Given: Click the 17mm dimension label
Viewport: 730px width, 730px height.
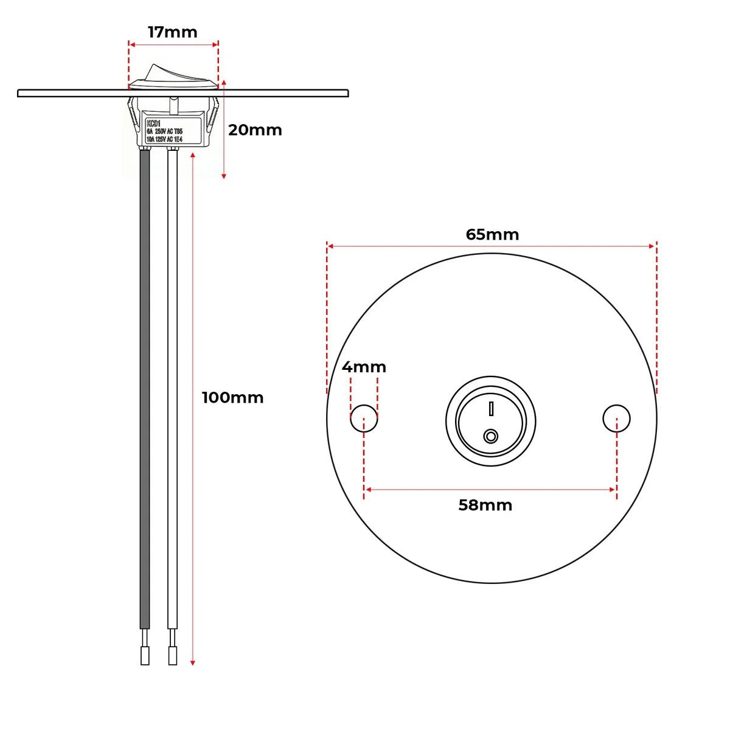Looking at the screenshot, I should click(x=173, y=32).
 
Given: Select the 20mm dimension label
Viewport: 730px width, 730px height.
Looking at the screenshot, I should click(x=255, y=130).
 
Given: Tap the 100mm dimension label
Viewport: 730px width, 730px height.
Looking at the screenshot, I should click(x=232, y=398).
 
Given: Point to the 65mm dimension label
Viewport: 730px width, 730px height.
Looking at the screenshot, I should click(x=492, y=235).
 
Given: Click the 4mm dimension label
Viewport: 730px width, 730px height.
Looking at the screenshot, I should click(x=364, y=367).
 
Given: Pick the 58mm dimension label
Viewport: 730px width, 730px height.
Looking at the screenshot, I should click(x=485, y=506).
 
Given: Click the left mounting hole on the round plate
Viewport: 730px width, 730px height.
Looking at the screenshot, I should click(x=364, y=419).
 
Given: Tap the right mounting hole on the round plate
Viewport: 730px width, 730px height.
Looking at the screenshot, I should click(x=616, y=419).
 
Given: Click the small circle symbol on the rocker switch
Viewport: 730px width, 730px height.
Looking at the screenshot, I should click(x=490, y=436).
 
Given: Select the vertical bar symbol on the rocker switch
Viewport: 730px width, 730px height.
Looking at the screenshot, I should click(x=490, y=408).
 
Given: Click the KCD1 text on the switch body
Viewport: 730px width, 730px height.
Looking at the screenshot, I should click(x=153, y=123).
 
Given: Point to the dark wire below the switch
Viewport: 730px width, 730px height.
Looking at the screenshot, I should click(x=145, y=389).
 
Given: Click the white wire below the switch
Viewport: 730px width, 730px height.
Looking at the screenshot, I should click(x=173, y=389).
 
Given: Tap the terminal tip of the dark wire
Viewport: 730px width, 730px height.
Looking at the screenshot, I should click(x=145, y=655).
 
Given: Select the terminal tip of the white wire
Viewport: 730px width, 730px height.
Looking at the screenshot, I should click(x=173, y=655).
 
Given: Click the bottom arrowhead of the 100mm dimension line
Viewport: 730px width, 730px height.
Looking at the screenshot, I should click(x=193, y=662).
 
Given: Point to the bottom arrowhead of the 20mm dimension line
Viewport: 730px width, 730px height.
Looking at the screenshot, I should click(x=224, y=175).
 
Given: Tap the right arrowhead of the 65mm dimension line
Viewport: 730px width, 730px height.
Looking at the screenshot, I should click(x=652, y=246).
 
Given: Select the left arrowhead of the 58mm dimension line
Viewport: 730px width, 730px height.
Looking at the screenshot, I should click(x=367, y=489).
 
